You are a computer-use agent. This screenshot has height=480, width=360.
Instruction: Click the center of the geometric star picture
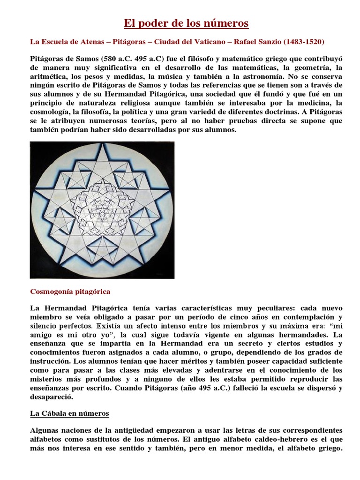point(102,210)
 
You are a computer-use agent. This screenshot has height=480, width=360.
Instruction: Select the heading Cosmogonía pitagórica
point(70,292)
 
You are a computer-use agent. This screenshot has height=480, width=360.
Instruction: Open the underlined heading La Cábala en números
point(69,413)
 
